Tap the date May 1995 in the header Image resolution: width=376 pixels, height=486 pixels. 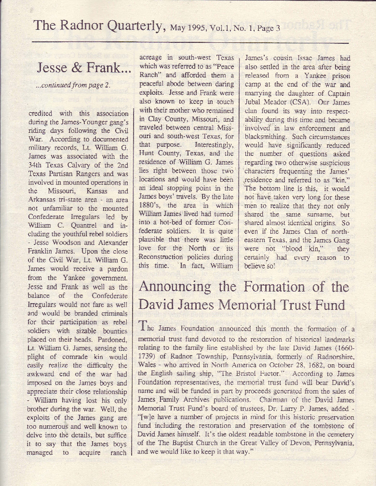(x=189, y=28)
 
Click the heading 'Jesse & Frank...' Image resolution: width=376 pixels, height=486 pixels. (x=84, y=68)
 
